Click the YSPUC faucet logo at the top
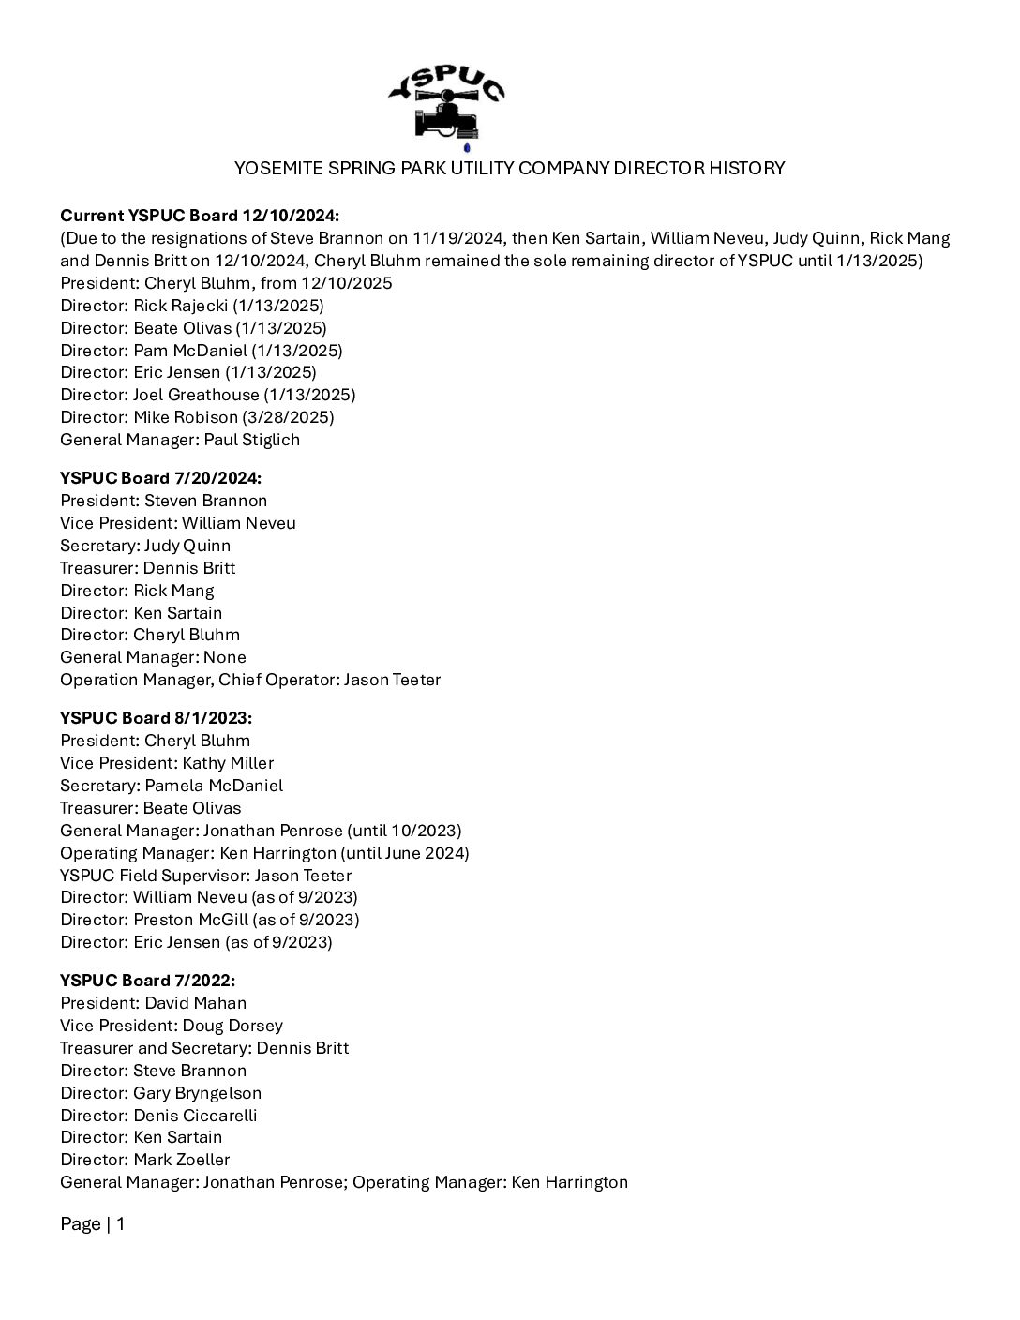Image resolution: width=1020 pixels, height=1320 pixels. click(x=446, y=103)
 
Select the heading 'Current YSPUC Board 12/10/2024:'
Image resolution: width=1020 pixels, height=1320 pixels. click(x=200, y=216)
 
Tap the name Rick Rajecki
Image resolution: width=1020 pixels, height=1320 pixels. click(x=175, y=306)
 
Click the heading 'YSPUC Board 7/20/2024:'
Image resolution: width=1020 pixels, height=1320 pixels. click(x=160, y=478)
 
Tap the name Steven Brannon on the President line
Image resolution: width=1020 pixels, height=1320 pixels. click(x=205, y=501)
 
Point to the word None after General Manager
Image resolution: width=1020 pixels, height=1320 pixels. click(x=225, y=657)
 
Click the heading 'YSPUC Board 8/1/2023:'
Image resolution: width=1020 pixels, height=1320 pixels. click(x=156, y=718)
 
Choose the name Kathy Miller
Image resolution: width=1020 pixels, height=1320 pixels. click(x=228, y=763)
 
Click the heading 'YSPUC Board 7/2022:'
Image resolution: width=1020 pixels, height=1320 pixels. click(x=147, y=981)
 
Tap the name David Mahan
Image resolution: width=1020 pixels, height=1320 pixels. click(x=195, y=1003)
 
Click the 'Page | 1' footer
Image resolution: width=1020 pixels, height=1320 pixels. click(x=92, y=1224)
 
